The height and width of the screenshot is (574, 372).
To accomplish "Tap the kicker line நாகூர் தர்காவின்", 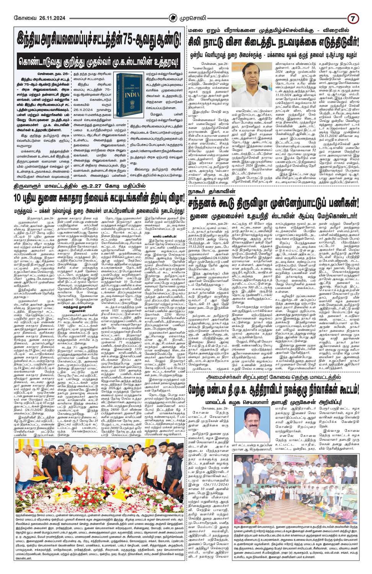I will (x=202, y=190).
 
